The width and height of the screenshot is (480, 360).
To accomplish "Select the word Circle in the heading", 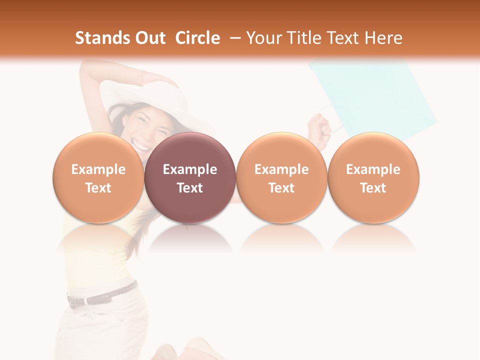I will pos(197,38).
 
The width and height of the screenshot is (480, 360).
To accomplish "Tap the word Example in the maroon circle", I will pos(190,169).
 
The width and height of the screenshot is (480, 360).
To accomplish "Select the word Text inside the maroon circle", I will pos(190,188).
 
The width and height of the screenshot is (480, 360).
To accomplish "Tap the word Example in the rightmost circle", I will pos(373,169).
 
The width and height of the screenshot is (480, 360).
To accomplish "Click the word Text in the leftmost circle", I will pos(98,188).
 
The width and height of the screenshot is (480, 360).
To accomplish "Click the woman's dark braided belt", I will pos(102,296).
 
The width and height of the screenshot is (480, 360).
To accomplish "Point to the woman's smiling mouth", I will pos(141,146).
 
